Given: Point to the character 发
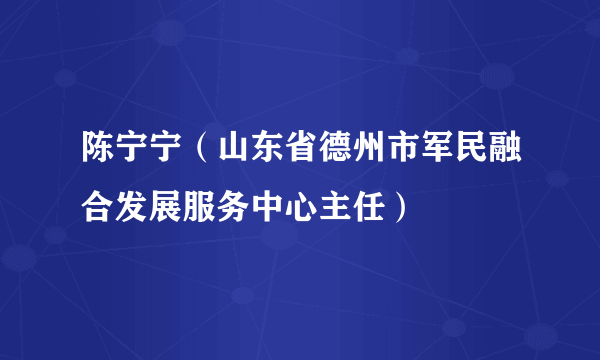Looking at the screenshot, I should pyautogui.click(x=131, y=207).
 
